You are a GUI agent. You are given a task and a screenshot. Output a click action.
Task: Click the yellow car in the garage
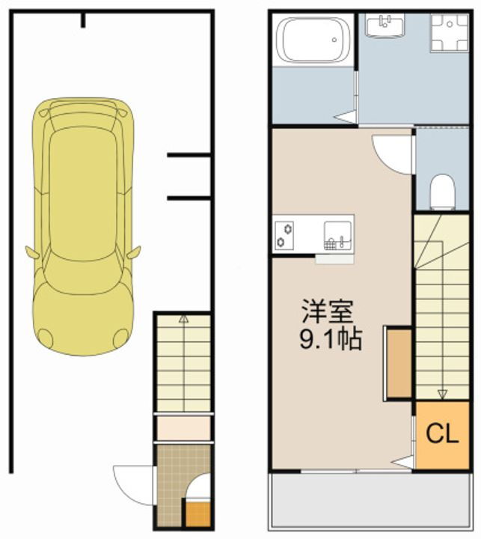(x=83, y=225)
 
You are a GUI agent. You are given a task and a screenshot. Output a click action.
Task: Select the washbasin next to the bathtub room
(x=385, y=27)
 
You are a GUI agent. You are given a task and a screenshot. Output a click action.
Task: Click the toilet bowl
(x=443, y=190)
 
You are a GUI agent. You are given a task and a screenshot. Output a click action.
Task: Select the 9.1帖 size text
(x=331, y=340)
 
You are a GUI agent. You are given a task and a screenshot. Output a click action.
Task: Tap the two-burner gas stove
(x=284, y=234)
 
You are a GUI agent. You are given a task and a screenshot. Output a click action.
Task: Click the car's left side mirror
(x=32, y=252)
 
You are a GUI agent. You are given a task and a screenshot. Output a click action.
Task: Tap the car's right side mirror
(x=134, y=252)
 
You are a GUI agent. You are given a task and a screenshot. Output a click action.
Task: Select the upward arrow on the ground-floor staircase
(x=183, y=320)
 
